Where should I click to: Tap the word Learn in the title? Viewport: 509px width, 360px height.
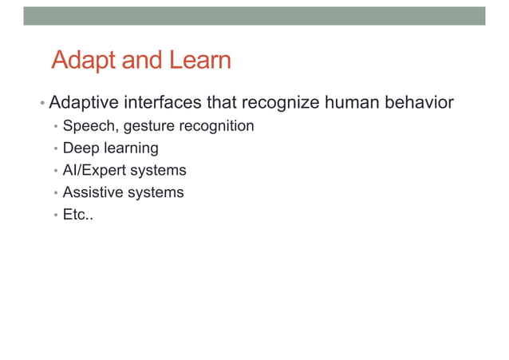click(199, 61)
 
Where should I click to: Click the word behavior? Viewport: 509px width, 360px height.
click(420, 103)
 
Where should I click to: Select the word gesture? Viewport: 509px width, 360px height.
click(145, 126)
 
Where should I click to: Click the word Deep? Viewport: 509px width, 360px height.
click(79, 148)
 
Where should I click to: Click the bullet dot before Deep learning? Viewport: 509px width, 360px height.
click(54, 149)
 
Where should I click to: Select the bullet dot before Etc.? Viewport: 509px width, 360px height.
click(54, 216)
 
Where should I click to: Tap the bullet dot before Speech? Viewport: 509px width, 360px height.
click(54, 127)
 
